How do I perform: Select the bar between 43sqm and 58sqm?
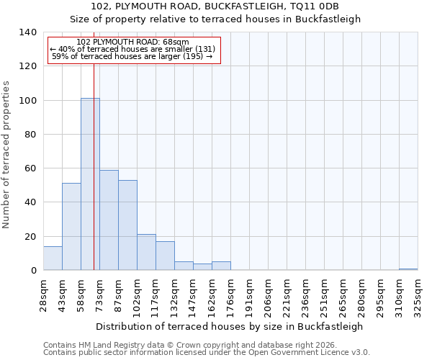tap(71, 226)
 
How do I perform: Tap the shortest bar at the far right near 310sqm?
tap(408, 269)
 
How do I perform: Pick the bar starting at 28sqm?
tap(53, 258)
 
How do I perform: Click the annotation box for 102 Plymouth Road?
tap(133, 50)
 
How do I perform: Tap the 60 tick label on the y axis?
tap(30, 168)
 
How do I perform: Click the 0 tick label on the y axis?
tap(32, 271)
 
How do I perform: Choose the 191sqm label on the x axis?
tap(250, 294)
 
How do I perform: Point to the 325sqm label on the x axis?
tap(418, 294)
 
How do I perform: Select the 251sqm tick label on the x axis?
tap(325, 294)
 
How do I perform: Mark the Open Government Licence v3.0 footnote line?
tap(207, 353)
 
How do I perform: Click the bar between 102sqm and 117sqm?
tap(146, 252)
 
